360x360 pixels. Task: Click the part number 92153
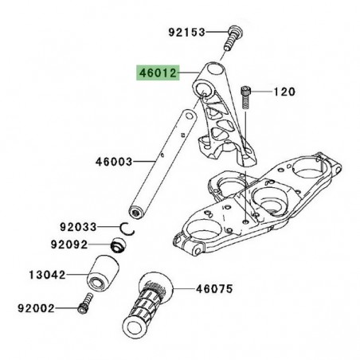(186, 33)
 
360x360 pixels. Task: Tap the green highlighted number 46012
(156, 71)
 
